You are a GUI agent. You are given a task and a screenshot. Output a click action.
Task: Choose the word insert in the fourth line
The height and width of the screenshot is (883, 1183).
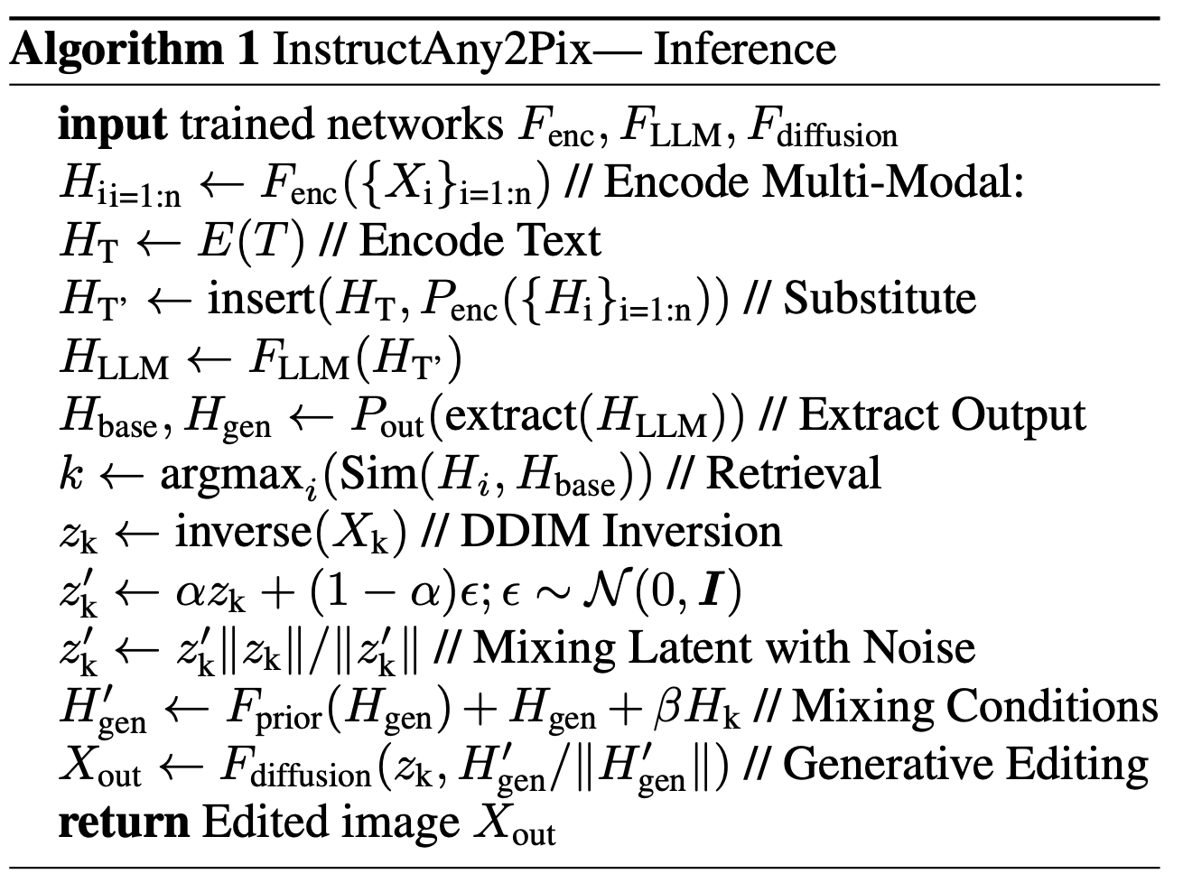pyautogui.click(x=261, y=299)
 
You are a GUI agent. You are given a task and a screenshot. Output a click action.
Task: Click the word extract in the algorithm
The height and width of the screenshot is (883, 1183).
pyautogui.click(x=511, y=414)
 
